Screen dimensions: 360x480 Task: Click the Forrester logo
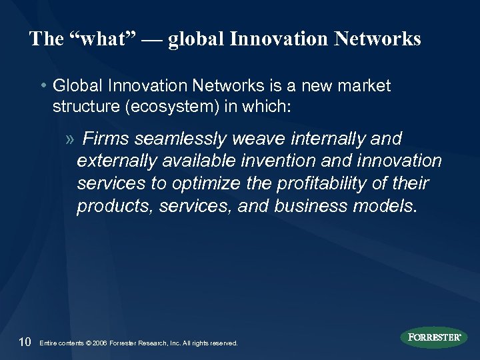tap(435, 337)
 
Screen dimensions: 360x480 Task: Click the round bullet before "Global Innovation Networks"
tap(43, 87)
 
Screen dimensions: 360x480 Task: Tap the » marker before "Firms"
tap(71, 139)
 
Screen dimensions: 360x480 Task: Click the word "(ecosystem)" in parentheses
tap(165, 109)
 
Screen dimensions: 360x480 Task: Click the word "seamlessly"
tap(176, 139)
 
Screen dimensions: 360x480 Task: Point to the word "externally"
tap(111, 161)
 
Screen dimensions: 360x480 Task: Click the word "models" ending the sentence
tap(383, 207)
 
